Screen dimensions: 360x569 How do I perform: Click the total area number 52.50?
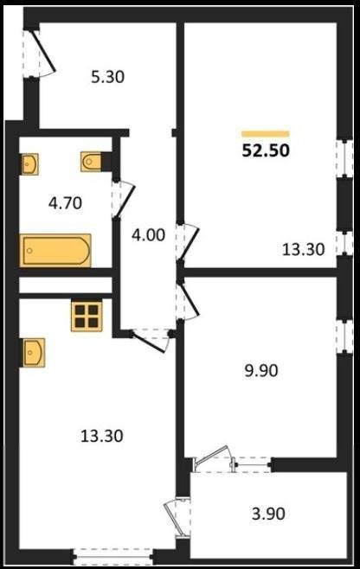pos(266,150)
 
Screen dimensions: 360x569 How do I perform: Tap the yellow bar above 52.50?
pos(266,134)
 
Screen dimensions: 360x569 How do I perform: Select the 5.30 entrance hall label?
pos(108,77)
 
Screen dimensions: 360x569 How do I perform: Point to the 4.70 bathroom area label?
pos(66,203)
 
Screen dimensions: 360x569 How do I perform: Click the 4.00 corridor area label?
pos(148,235)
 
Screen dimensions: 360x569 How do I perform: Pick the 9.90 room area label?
pos(261,370)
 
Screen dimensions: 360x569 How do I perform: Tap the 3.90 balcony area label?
pos(268,514)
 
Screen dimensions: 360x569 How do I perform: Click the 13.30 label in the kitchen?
pos(102,436)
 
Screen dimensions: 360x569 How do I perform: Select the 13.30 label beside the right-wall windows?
pos(304,250)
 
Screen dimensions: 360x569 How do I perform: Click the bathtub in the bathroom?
pos(55,251)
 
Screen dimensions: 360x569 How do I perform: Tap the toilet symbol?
pos(91,162)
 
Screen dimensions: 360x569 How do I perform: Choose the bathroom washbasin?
pos(29,164)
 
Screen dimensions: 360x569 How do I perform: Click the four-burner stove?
pos(87,316)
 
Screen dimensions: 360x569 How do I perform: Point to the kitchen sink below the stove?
pos(34,353)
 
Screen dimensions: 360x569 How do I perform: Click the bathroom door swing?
pos(125,201)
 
